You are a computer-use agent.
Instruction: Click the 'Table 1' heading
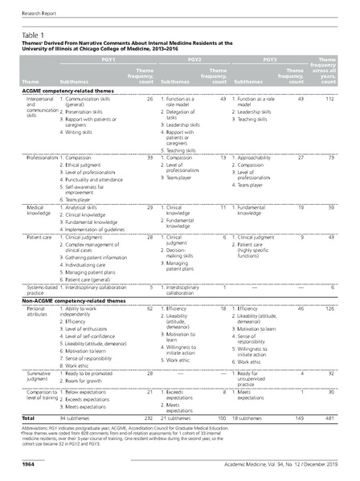pyautogui.click(x=32, y=35)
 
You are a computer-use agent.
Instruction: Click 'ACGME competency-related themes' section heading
pyautogui.click(x=68, y=92)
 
